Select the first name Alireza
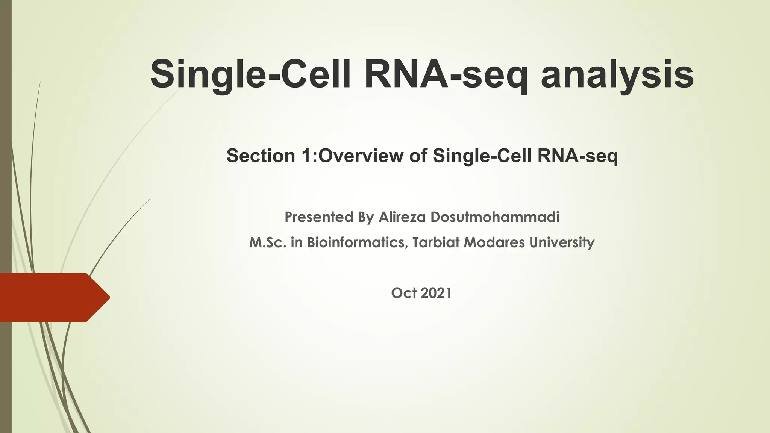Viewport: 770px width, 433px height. click(x=402, y=217)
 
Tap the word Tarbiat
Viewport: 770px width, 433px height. click(x=436, y=242)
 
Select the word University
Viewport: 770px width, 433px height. click(x=562, y=242)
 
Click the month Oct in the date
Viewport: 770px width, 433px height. click(x=403, y=293)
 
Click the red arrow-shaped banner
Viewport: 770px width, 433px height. click(x=49, y=297)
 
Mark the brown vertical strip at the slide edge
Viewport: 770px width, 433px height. click(x=6, y=150)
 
